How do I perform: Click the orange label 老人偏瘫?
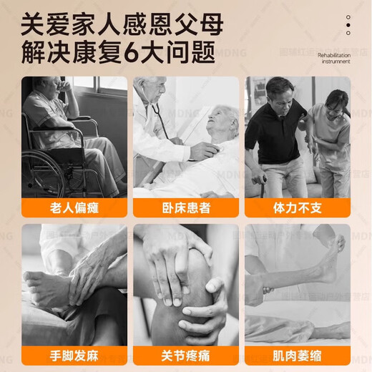(x=74, y=207)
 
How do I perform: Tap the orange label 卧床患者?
(x=186, y=207)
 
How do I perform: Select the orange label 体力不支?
(x=298, y=207)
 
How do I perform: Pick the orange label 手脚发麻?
(x=74, y=354)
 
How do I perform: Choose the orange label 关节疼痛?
(x=186, y=354)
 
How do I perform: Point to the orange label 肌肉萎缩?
(x=298, y=354)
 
